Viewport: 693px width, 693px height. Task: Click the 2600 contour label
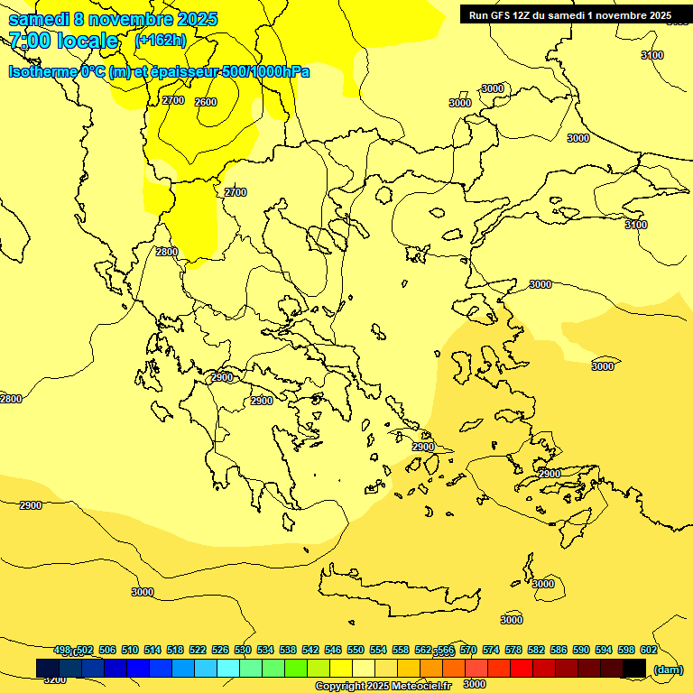[206, 102]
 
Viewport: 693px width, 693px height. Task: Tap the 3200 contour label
[55, 679]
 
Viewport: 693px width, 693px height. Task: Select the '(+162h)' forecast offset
[161, 40]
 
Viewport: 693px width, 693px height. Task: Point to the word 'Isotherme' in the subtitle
[42, 71]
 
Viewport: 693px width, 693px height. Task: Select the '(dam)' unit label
[668, 669]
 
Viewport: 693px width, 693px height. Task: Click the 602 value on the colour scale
[649, 650]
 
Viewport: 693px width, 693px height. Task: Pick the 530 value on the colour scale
[243, 650]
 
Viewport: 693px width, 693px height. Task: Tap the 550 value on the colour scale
[356, 650]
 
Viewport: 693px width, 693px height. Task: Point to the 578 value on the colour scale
[513, 650]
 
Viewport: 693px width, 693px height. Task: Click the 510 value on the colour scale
[130, 650]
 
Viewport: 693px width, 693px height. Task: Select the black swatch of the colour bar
[634, 668]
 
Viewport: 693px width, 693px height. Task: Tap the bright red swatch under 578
[522, 668]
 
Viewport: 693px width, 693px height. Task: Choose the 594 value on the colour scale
[604, 650]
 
